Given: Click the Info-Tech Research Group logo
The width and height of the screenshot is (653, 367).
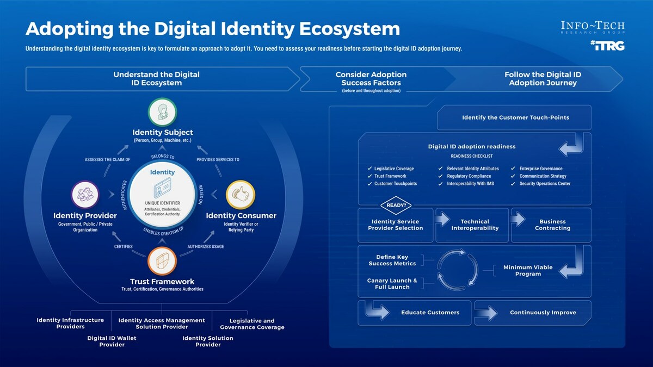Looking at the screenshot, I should coord(593,28).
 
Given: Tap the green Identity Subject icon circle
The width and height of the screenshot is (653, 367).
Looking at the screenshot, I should coord(163,113).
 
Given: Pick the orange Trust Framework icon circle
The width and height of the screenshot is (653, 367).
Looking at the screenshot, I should coord(162,262).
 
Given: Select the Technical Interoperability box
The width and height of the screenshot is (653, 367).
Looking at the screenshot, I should coord(475,225).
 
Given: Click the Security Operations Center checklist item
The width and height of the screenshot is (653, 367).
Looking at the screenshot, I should coord(545,184).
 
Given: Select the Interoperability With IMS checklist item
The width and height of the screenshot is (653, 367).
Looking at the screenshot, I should coord(470,184).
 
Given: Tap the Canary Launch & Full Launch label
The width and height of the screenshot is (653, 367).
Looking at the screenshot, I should coord(392,284).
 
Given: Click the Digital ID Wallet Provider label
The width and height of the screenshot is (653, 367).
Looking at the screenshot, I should coord(112,341).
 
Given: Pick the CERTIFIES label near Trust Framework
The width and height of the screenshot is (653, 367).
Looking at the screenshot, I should coord(124,246).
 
